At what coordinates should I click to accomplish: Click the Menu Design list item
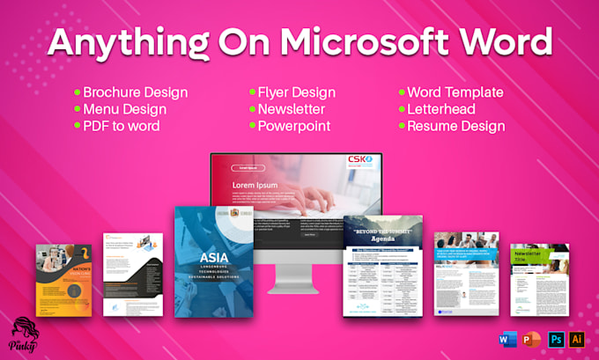124,109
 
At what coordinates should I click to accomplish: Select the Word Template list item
455,92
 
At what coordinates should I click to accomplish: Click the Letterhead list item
441,109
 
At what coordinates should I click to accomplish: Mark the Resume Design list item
455,126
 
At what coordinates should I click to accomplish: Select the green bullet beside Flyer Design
251,92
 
